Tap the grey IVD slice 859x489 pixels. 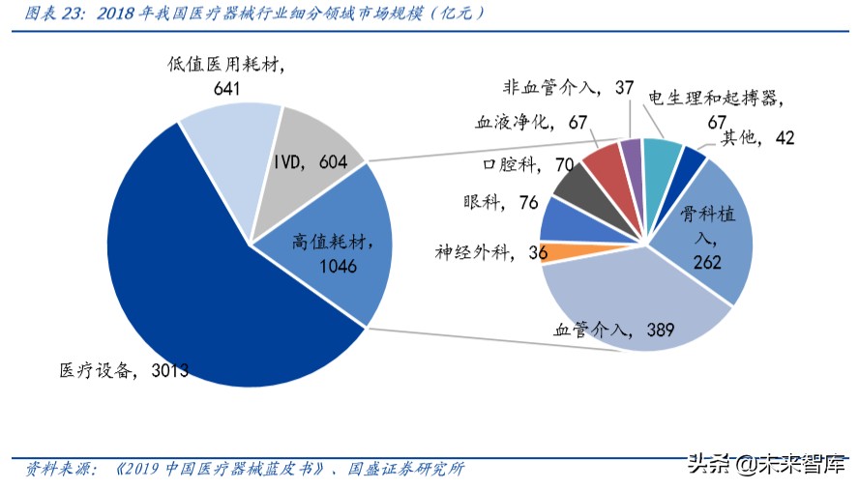pyautogui.click(x=314, y=145)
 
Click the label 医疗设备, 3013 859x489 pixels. pyautogui.click(x=122, y=369)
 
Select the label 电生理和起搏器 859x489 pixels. pyautogui.click(x=713, y=99)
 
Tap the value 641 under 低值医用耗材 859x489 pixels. pyautogui.click(x=227, y=87)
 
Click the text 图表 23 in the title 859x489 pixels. pyautogui.click(x=51, y=14)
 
